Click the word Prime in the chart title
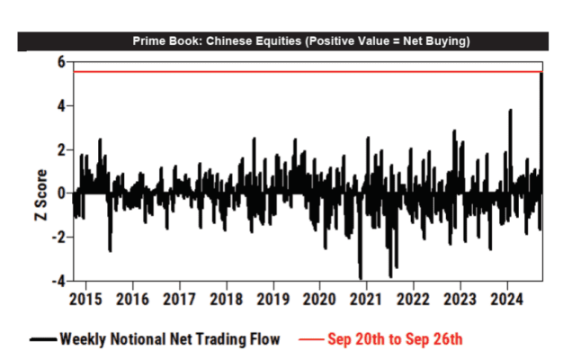point(150,41)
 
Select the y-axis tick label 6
point(60,61)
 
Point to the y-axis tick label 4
point(60,105)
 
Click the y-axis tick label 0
point(60,193)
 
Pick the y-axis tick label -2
point(58,237)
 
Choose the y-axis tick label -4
point(58,281)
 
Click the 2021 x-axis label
point(367,298)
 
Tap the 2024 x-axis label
point(507,298)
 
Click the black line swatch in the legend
point(41,339)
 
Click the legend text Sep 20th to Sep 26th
point(395,339)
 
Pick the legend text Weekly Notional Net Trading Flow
point(170,339)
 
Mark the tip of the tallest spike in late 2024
point(541,73)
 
